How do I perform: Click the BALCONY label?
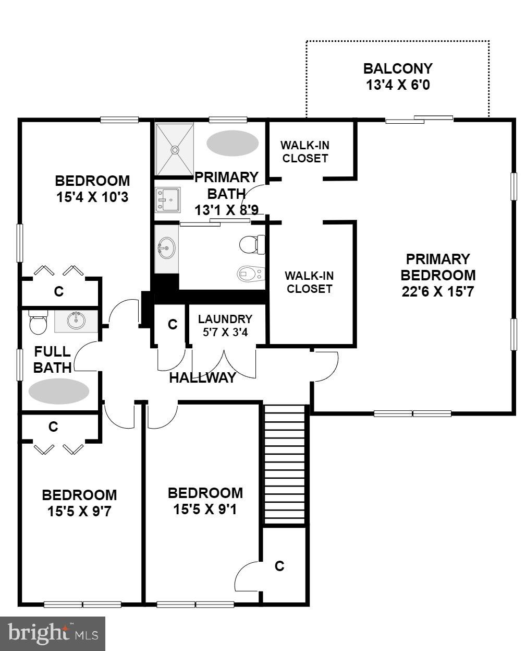398,69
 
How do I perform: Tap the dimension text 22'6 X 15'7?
437,291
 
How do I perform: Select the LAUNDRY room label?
225,319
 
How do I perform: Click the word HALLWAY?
202,378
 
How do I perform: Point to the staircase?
284,463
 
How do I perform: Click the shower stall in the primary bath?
175,149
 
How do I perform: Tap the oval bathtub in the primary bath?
233,143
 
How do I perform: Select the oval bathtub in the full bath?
58,391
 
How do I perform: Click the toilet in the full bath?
38,322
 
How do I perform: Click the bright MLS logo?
53,633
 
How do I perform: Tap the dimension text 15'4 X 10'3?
92,197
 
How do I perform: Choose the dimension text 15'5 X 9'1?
205,509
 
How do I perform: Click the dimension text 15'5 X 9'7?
79,511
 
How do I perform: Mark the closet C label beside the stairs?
279,566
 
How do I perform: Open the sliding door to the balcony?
419,120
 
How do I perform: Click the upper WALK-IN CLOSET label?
305,151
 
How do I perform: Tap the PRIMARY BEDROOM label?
438,267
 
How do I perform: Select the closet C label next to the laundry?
173,325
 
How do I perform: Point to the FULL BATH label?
52,359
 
